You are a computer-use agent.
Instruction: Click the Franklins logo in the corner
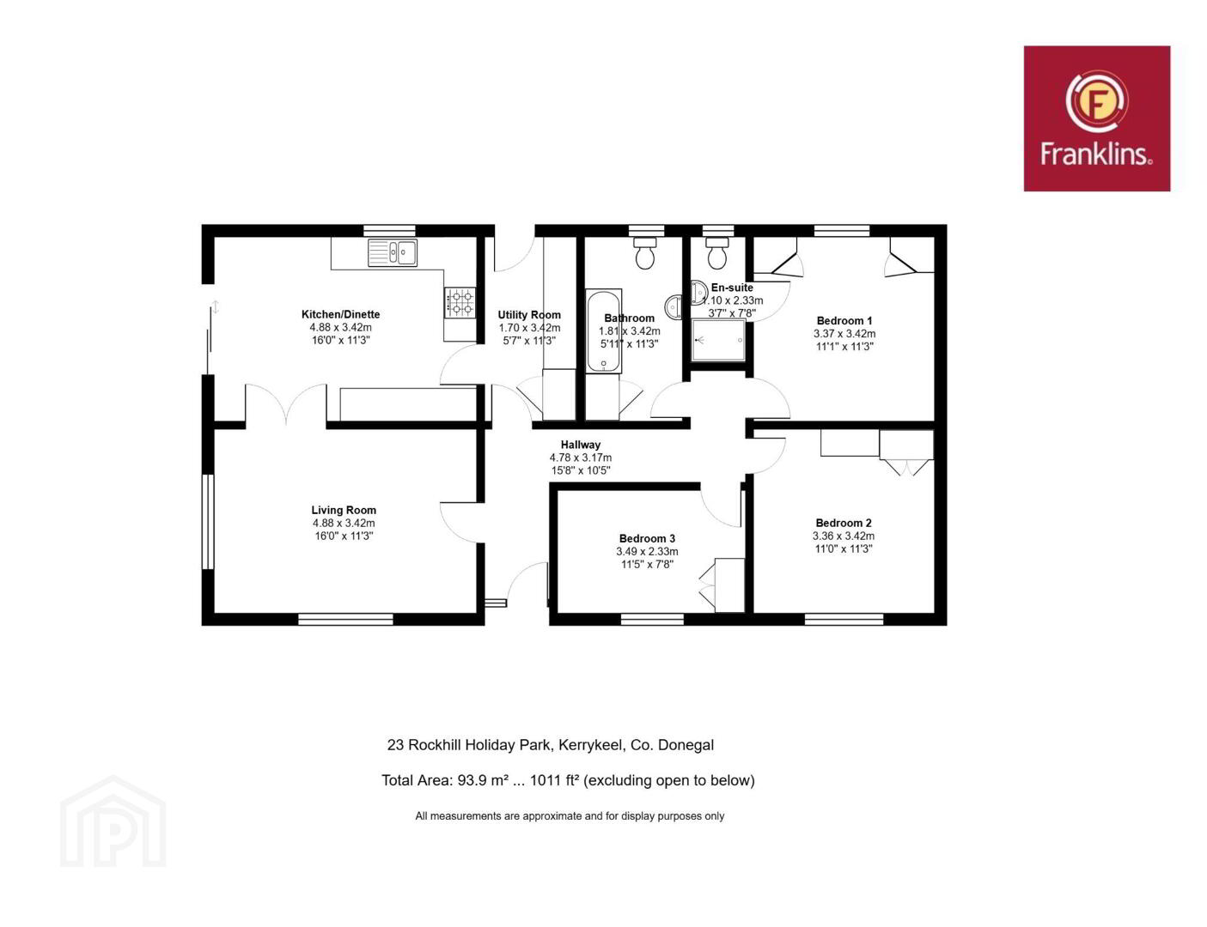[x=1096, y=118]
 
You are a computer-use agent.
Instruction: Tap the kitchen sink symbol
[x=392, y=252]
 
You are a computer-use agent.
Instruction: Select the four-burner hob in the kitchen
[x=460, y=302]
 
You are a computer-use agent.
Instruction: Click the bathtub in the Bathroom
[x=604, y=330]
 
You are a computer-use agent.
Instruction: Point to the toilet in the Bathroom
[x=645, y=253]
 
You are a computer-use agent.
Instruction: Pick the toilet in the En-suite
[x=717, y=253]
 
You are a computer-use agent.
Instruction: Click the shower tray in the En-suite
[x=718, y=340]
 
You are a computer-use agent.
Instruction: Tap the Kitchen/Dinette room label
[x=340, y=314]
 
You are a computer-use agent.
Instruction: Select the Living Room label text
[x=344, y=510]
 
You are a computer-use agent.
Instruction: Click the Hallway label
[x=581, y=445]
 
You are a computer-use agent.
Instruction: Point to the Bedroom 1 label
[x=844, y=321]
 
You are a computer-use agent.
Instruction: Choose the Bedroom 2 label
[x=843, y=523]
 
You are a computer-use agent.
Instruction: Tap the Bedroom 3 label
[x=647, y=538]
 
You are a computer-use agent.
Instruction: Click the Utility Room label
[x=529, y=314]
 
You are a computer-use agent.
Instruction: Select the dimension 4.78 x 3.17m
[x=581, y=457]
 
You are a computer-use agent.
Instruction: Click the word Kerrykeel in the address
[x=591, y=745]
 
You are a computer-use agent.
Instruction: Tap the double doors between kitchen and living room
[x=285, y=404]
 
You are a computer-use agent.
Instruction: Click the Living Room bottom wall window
[x=345, y=619]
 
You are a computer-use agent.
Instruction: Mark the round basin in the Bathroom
[x=674, y=306]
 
